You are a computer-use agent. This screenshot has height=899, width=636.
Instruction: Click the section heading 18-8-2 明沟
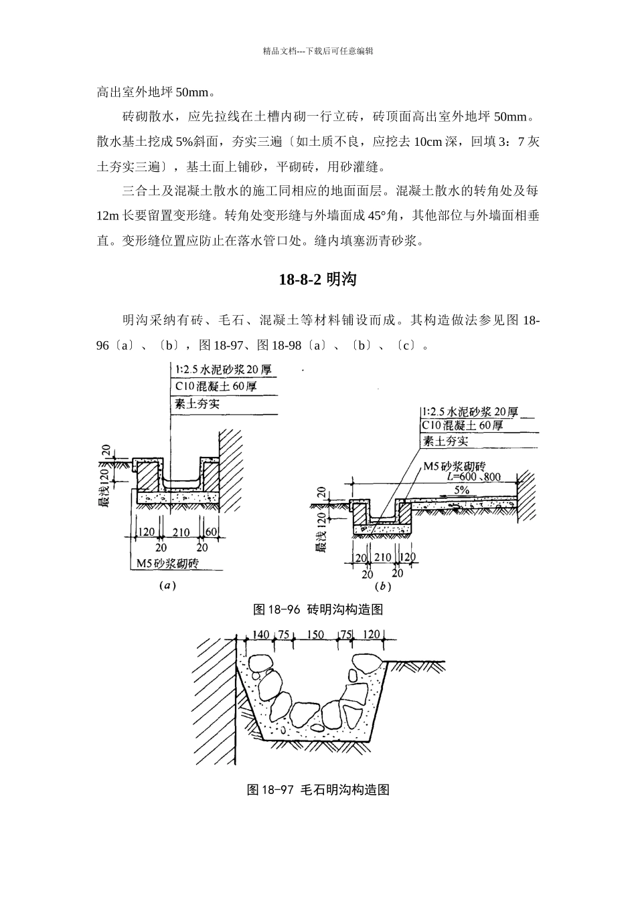(x=317, y=280)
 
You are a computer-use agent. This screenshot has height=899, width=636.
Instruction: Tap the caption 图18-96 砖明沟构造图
(x=317, y=609)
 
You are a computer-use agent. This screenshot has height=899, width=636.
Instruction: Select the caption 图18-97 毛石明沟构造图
(x=318, y=789)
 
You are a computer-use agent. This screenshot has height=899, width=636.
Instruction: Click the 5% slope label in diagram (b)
(x=461, y=490)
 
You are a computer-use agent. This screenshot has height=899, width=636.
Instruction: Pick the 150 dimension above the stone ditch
(x=315, y=635)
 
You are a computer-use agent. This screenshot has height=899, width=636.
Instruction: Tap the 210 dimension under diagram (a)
(x=181, y=532)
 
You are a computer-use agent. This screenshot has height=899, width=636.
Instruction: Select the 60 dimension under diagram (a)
(x=212, y=532)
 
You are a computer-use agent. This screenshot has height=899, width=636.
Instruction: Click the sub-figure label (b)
(x=382, y=586)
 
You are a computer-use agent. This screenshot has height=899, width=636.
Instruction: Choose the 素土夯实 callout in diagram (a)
(x=197, y=403)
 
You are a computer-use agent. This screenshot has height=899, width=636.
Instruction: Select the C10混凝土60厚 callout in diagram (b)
(x=462, y=425)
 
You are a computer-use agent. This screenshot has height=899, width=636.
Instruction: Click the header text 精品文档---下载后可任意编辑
(x=317, y=51)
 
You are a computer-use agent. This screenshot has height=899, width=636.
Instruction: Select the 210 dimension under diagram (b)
(x=382, y=557)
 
